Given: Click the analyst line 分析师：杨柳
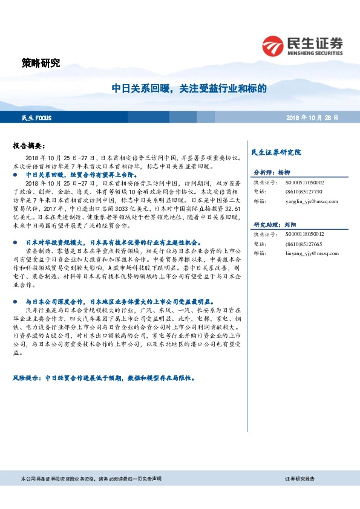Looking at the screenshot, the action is point(272,172).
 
